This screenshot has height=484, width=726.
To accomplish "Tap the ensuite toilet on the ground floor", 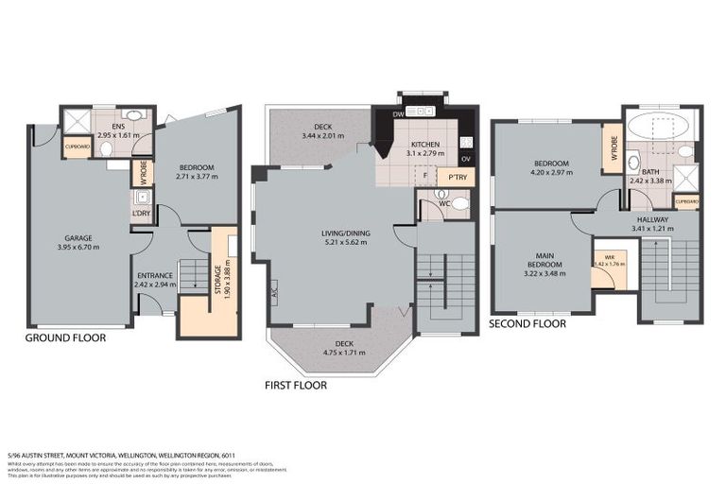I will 106,147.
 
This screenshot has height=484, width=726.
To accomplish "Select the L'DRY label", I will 141,214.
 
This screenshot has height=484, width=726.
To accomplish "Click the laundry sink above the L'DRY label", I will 142,198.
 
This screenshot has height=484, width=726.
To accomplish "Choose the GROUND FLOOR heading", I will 65,337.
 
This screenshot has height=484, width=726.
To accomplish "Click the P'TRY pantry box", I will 458,177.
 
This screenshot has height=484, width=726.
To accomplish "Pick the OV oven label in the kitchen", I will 465,158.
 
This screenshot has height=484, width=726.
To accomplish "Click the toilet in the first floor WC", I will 459,204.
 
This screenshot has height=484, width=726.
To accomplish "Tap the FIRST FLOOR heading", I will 295,385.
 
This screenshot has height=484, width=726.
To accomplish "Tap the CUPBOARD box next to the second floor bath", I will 686,200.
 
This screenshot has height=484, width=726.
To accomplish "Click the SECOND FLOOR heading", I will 527,323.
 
